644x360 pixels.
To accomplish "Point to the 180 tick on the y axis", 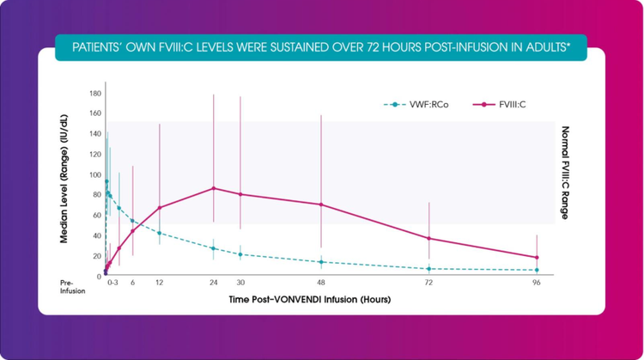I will (95, 93).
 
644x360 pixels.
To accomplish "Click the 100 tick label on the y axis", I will (95, 174).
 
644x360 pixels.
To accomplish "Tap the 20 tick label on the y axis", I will (97, 256).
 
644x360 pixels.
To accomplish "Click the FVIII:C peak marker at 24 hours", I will (214, 188).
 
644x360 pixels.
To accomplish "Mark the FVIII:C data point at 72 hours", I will (428, 238).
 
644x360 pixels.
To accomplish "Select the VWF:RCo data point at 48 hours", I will (321, 262).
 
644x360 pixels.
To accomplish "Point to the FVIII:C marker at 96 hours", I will (537, 257).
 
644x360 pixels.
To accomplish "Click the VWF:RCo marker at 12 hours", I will (160, 233).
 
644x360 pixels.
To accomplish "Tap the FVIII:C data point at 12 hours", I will (160, 207).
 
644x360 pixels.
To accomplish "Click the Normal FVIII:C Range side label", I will (565, 173).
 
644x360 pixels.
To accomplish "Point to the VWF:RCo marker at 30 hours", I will (240, 254).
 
